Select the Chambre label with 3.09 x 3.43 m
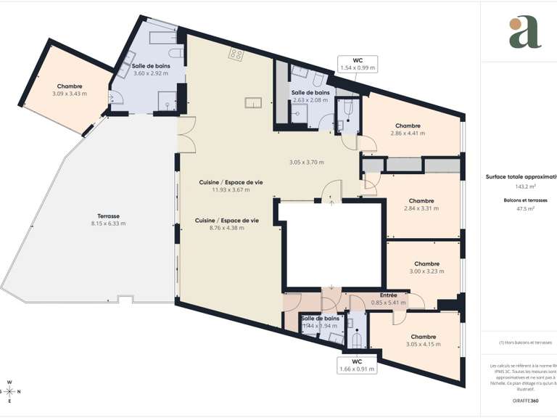coord(70,86)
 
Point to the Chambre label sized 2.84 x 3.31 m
coord(421,201)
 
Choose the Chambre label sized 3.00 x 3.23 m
coord(426,263)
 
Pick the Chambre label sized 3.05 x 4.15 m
coord(423,337)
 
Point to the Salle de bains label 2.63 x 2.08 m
coord(310,93)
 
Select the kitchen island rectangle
coord(253,102)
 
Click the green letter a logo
coord(524,32)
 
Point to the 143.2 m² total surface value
coord(519,186)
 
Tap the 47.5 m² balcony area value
coord(519,208)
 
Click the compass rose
coord(9,391)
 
